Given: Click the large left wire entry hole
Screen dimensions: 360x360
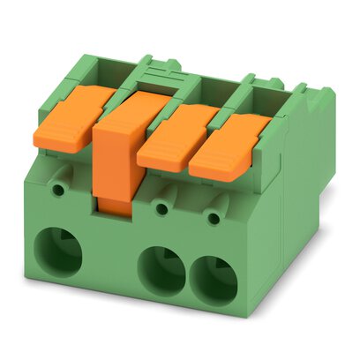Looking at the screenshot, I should point(62,250).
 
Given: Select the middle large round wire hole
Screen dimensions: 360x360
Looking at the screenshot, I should point(163,269).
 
